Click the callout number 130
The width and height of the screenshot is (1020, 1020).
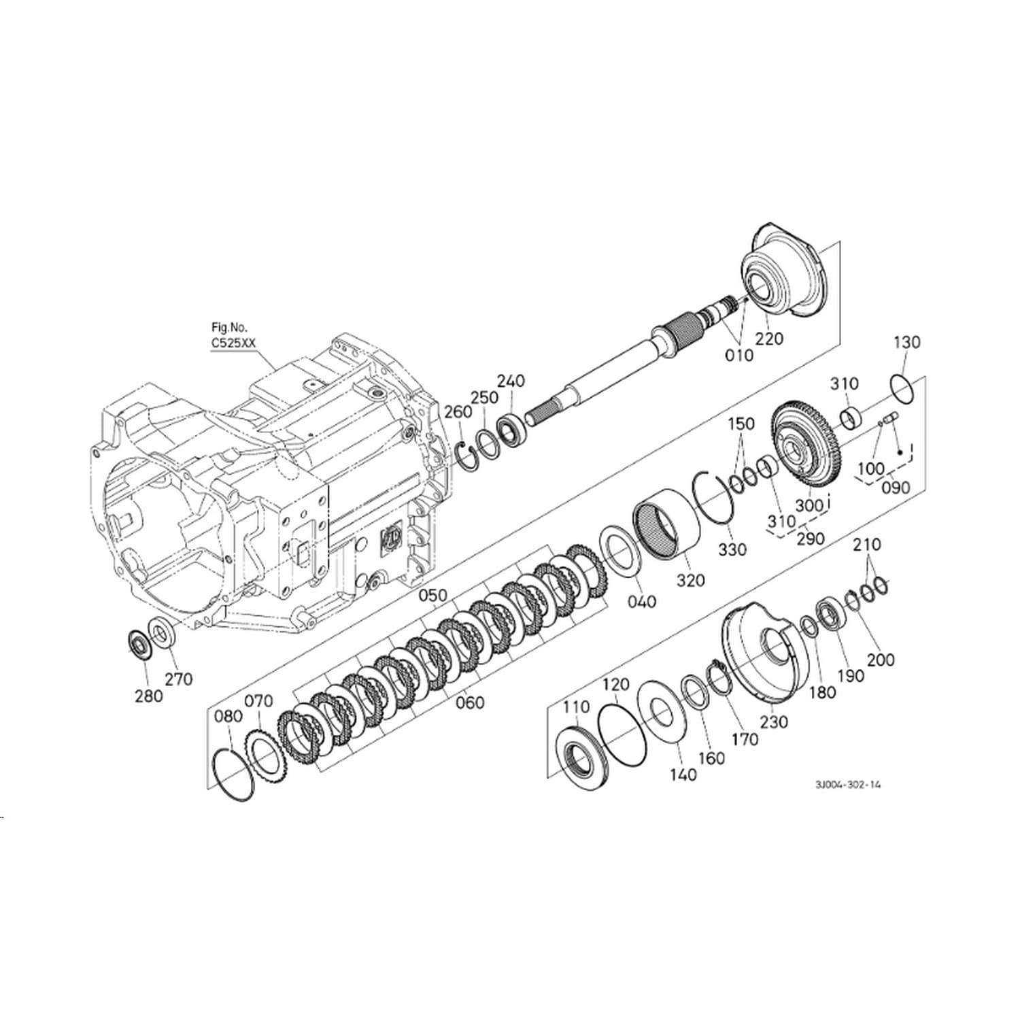click(906, 341)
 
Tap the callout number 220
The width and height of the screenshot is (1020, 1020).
click(770, 338)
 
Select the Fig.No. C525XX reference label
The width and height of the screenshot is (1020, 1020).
click(233, 337)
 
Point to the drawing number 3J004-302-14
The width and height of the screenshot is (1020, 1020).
click(848, 784)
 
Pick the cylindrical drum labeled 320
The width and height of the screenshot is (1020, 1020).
click(668, 530)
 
